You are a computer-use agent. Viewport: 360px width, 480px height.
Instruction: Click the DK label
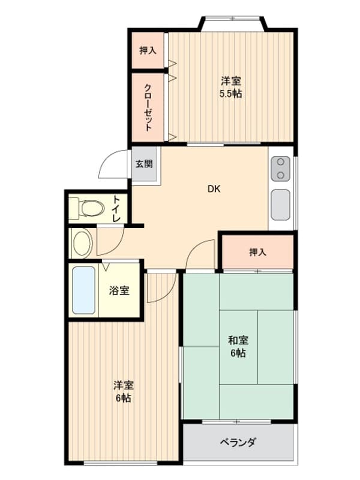pos(214,189)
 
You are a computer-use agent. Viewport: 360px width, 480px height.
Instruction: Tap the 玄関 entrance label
pos(144,164)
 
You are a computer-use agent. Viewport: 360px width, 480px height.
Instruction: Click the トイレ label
pos(116,209)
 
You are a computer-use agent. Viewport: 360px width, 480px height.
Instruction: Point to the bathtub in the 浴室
pos(83,290)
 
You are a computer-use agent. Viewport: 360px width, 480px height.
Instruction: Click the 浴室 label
pos(119,290)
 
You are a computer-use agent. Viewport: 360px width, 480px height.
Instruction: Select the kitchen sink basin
pos(280,205)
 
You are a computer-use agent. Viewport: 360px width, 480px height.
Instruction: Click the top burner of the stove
pos(280,162)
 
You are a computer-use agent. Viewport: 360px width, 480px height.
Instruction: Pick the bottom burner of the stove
pos(280,175)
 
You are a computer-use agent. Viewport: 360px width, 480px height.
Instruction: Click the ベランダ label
pos(238,442)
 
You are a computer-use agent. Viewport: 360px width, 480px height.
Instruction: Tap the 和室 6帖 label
pos(238,347)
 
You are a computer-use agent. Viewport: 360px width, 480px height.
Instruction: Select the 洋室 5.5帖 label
pos(230,87)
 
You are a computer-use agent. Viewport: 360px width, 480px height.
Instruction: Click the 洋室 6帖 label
pos(124,392)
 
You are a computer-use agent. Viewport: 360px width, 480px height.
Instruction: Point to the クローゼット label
pos(148,107)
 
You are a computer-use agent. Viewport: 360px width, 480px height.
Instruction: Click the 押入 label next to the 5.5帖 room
pos(148,50)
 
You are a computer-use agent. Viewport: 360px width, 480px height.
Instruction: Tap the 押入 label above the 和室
pos(258,252)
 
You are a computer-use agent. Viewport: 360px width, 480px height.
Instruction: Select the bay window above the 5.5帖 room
pos(233,19)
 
